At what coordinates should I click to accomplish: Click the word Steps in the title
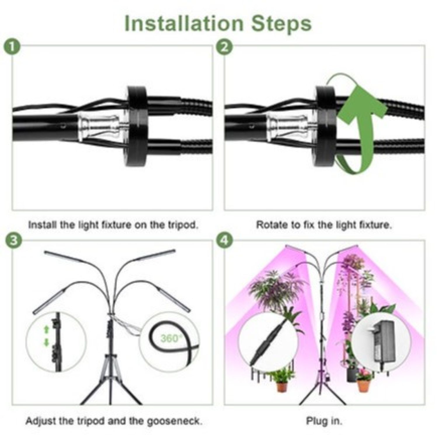coord(282,24)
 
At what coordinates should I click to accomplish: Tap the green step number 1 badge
coord(12,47)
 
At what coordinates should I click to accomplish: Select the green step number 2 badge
coord(224,47)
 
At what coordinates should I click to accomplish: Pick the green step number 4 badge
coord(224,241)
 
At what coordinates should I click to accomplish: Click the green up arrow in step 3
coord(46,330)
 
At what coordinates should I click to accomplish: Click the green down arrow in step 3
coord(46,342)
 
